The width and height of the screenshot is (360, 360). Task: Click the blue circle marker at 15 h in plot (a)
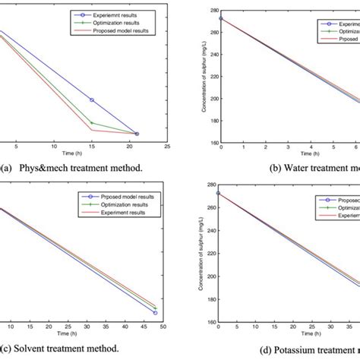[92, 99]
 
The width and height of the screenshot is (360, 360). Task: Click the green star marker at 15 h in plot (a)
[92, 122]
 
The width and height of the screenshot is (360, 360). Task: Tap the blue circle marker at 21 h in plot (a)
[137, 134]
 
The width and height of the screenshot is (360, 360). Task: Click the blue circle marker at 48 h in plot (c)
[156, 312]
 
